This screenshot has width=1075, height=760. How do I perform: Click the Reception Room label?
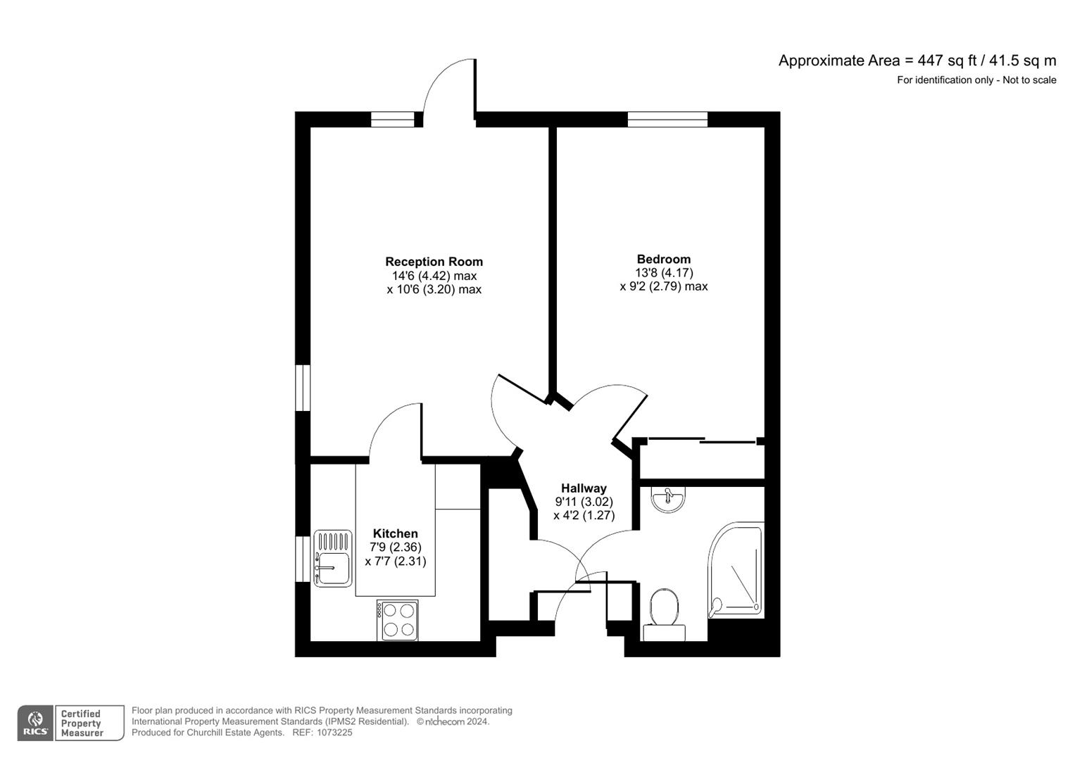tap(434, 262)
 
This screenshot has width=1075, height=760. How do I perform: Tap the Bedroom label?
tap(663, 259)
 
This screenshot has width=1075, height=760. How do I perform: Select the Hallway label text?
tap(584, 488)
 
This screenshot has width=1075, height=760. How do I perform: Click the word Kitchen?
tap(395, 533)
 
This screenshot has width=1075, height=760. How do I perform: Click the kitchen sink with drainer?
tap(333, 559)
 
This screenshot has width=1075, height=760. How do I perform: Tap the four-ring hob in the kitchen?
tap(398, 620)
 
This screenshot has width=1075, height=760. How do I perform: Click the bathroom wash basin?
tap(667, 499)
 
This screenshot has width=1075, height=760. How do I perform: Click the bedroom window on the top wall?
tap(667, 120)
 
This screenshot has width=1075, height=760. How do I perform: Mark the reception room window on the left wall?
tap(303, 387)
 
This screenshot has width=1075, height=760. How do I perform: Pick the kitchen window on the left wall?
tap(303, 559)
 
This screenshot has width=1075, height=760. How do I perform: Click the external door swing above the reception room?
tap(446, 88)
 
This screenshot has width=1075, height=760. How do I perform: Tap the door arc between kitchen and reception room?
tap(391, 429)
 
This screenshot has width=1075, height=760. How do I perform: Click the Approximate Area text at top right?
tap(917, 61)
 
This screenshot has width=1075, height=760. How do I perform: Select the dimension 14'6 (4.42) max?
tap(434, 276)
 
